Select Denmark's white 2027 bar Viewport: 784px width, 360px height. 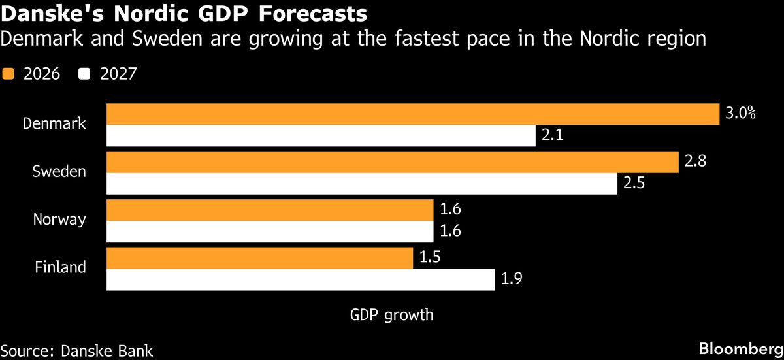pos(320,136)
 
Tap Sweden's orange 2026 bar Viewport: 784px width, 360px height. pos(392,161)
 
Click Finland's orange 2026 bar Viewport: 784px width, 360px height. pos(259,257)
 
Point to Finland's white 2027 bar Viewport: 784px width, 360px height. pos(300,280)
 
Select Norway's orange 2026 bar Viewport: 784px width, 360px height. pos(270,210)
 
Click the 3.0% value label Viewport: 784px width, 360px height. pos(740,113)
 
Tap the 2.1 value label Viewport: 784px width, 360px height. pos(553,136)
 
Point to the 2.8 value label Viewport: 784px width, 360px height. pos(696,161)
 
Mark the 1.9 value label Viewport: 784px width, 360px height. pos(512,280)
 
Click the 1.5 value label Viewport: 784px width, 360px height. pos(430,257)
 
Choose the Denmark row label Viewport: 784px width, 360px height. pos(54,123)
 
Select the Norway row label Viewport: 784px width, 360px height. pos(59,220)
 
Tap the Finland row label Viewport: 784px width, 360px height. pos(60,267)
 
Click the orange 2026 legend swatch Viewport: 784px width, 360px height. pos(8,74)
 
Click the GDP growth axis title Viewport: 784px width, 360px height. pos(391,315)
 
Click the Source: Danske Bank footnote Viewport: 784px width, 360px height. pos(76,350)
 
